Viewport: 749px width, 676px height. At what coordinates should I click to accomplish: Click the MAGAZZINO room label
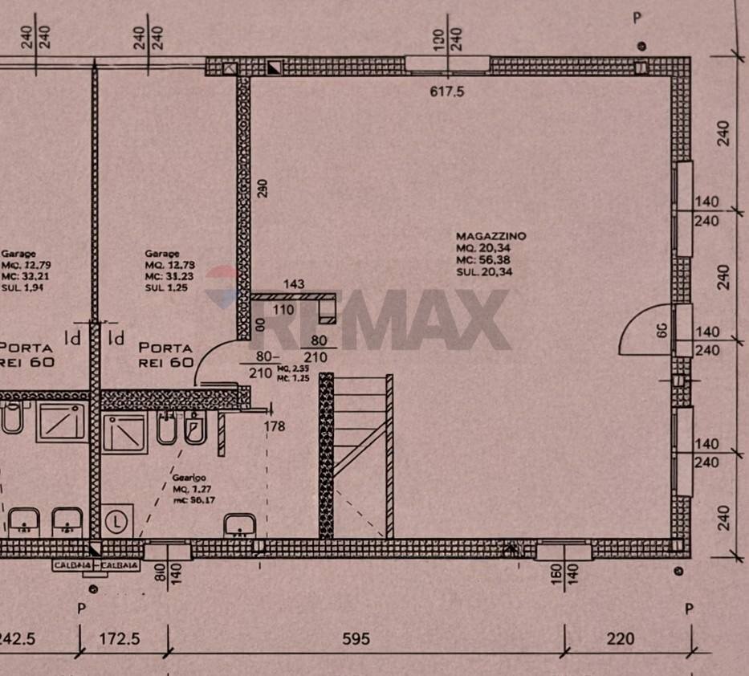tap(491, 236)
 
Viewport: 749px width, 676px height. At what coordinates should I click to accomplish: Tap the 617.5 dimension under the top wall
tap(448, 92)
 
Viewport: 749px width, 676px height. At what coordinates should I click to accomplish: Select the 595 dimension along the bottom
tap(356, 639)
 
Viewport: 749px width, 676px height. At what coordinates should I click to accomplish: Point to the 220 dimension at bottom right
tap(621, 639)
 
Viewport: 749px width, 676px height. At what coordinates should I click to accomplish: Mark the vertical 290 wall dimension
tap(261, 187)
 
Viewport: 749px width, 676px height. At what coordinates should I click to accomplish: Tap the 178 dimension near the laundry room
tap(275, 426)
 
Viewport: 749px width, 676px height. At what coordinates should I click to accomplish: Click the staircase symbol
tap(357, 455)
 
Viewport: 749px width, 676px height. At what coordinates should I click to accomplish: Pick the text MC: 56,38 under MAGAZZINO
tap(484, 260)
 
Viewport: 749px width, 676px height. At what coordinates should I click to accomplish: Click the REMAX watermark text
tap(385, 318)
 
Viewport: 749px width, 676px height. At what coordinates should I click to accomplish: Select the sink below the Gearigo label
tap(238, 526)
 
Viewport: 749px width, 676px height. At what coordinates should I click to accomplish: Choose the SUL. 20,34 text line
tap(484, 272)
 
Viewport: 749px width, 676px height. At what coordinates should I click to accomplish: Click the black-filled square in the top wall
tap(275, 67)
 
